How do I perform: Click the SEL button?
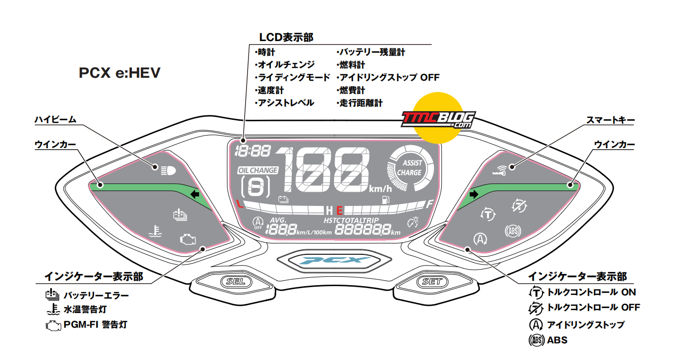click(x=236, y=282)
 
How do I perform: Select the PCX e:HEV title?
click(x=119, y=73)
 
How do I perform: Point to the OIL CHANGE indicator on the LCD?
click(x=258, y=171)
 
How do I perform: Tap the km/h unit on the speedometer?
click(x=380, y=189)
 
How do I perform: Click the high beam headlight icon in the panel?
click(x=168, y=171)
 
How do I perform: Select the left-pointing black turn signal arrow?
click(x=195, y=194)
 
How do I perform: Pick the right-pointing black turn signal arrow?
click(x=474, y=194)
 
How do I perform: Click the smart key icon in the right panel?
click(x=499, y=171)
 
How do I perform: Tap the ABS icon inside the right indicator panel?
click(x=513, y=231)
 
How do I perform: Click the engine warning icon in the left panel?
click(x=188, y=239)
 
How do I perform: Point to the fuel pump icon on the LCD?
click(x=386, y=200)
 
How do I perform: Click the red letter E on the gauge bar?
click(x=339, y=210)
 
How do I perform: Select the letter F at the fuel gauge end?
click(x=429, y=204)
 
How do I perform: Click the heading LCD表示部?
click(x=286, y=38)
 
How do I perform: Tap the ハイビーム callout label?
click(x=55, y=120)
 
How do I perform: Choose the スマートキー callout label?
click(x=610, y=120)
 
